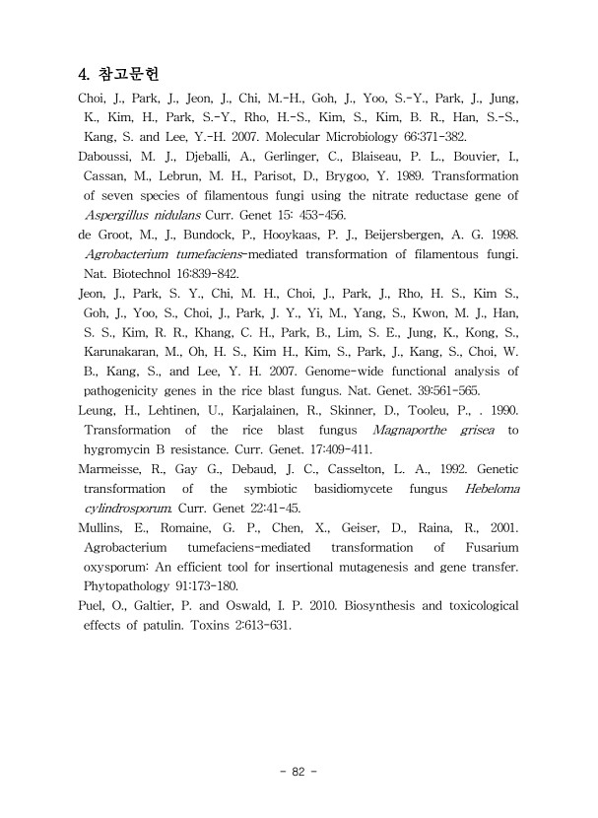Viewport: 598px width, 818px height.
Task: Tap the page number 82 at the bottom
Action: (299, 772)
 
